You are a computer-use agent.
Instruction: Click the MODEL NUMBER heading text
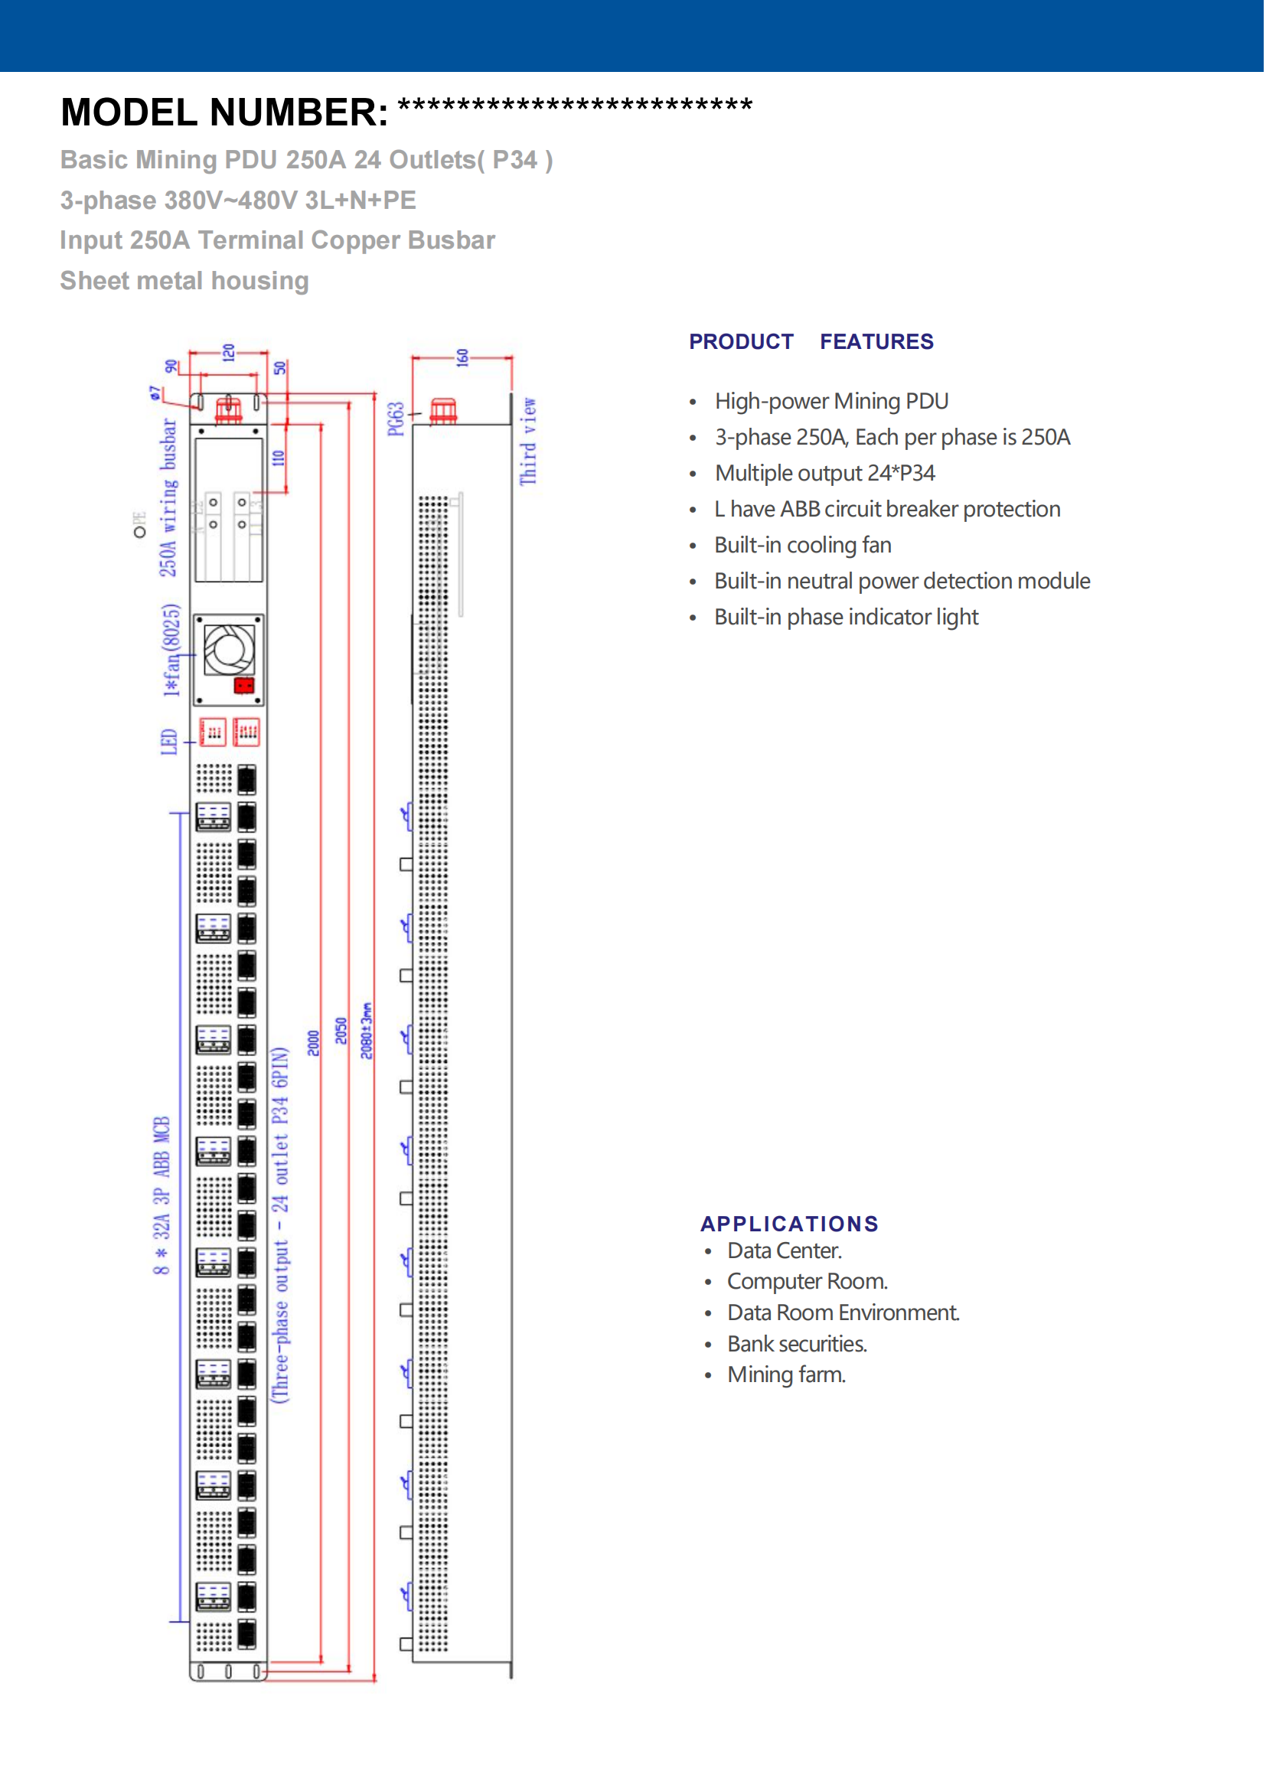pos(224,112)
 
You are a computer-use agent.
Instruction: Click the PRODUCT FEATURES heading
pos(811,341)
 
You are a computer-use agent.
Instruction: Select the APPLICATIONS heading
pos(790,1224)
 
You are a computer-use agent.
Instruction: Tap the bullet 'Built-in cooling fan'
pos(804,546)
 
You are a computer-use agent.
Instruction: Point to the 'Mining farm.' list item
pos(788,1376)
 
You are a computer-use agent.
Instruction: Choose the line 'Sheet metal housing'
pos(184,281)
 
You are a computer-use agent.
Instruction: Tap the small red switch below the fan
pos(244,686)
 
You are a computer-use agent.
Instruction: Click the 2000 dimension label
pos(313,1044)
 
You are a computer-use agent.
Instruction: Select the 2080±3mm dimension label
pos(367,1032)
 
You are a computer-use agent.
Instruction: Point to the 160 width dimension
pos(463,358)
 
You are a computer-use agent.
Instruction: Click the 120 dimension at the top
pos(228,352)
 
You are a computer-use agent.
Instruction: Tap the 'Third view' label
pos(530,442)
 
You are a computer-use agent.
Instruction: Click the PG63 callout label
pos(396,419)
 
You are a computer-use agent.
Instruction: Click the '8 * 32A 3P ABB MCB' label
pos(162,1196)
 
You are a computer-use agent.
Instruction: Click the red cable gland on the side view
pos(444,410)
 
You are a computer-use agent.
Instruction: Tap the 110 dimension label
pos(279,458)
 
